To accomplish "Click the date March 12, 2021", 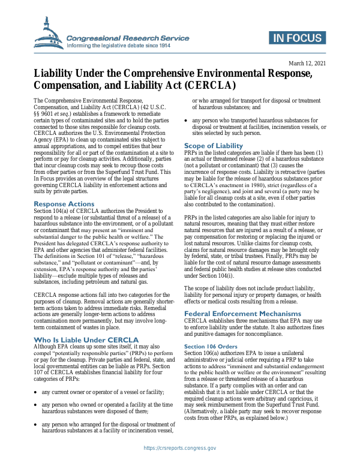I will tap(307, 63).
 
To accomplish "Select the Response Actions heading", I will tap(64, 205).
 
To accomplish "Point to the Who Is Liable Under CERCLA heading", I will tap(86, 340).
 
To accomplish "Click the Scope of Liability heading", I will tap(213, 146).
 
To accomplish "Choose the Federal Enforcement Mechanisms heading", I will tap(242, 314).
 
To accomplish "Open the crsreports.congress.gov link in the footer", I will tap(179, 448).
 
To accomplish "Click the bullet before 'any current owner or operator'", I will tap(36, 375).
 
